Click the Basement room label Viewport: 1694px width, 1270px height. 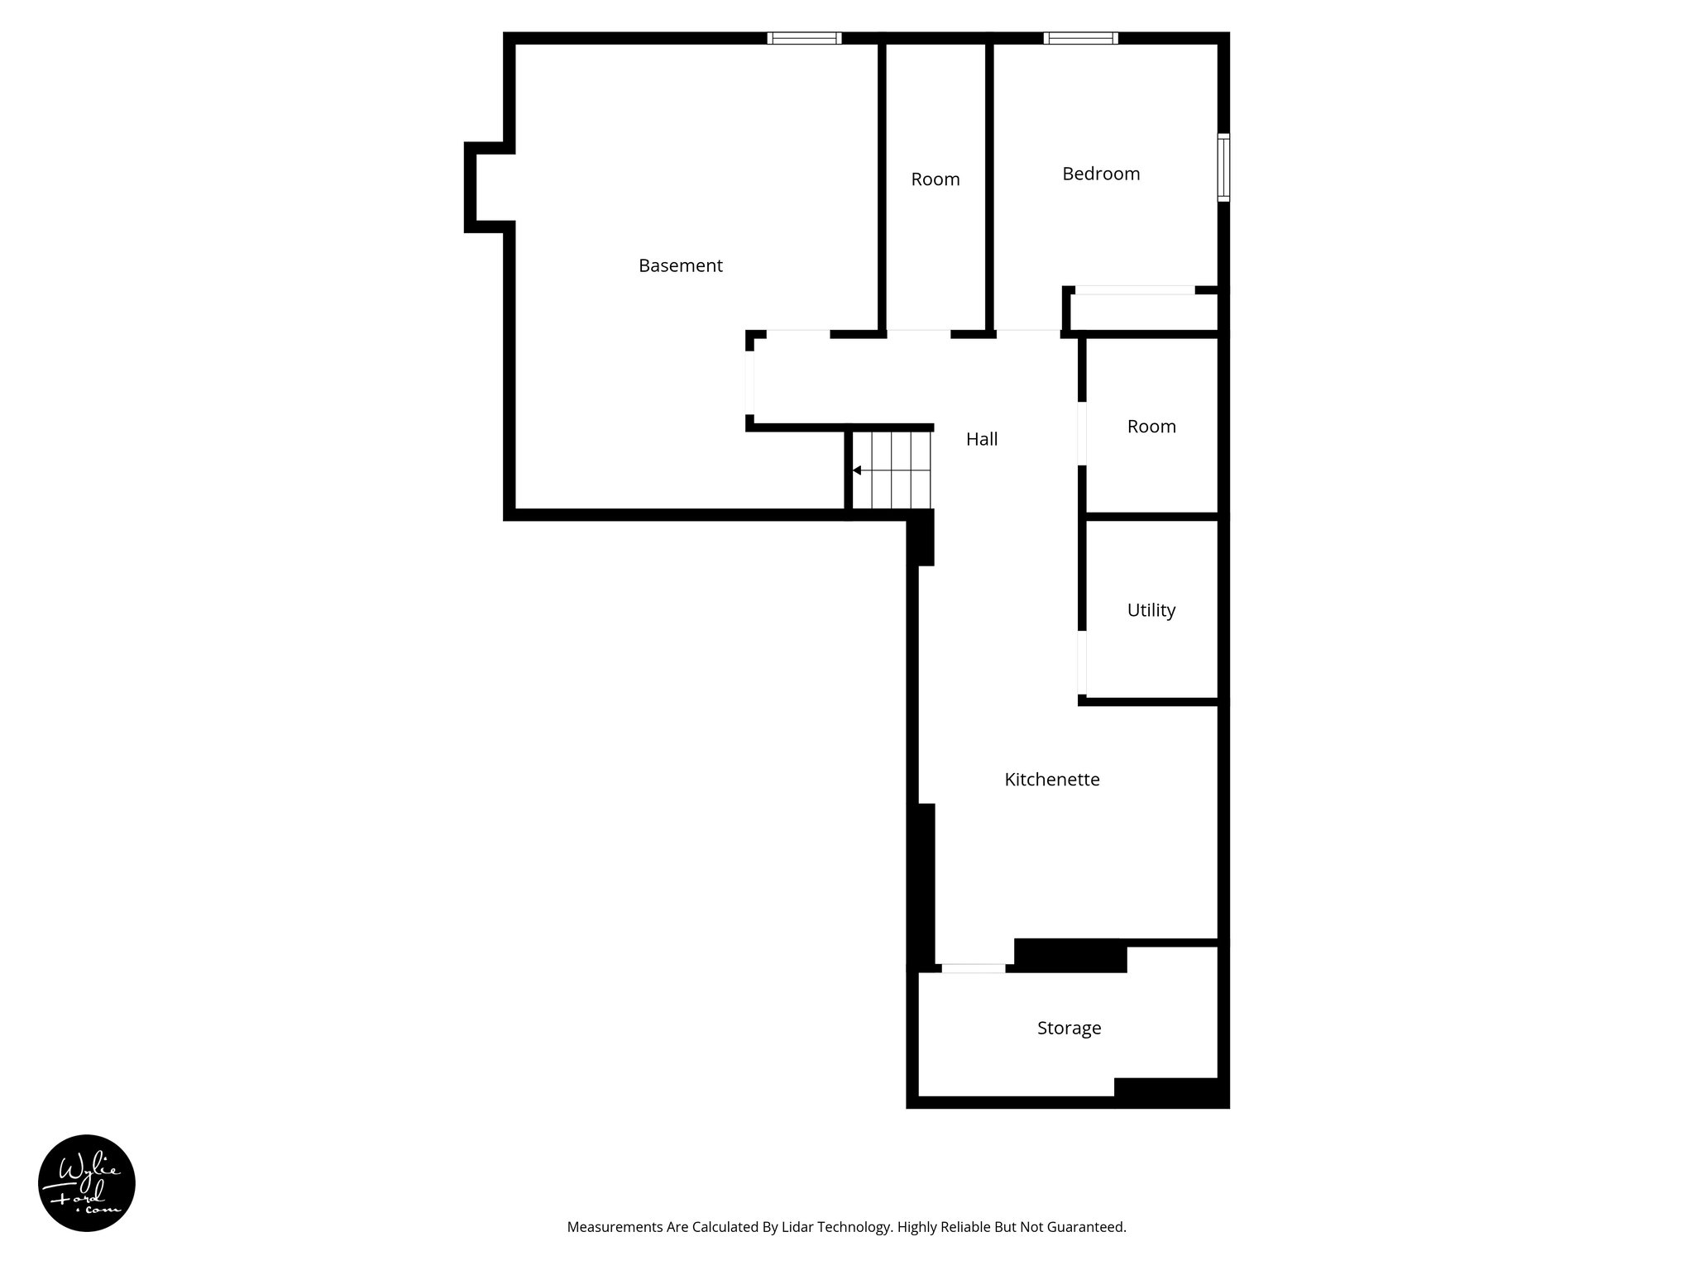(680, 266)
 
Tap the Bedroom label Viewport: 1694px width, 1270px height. (1101, 174)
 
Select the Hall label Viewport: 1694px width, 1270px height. (982, 440)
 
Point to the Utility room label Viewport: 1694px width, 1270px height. (1151, 610)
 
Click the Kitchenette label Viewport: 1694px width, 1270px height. (1051, 780)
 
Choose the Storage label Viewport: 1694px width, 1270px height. (1069, 1029)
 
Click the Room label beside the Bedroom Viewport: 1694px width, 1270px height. (935, 179)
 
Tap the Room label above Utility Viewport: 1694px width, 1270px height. (1151, 427)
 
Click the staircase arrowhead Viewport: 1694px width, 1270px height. (858, 470)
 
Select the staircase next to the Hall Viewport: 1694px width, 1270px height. (892, 470)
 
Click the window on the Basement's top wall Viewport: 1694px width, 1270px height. (804, 38)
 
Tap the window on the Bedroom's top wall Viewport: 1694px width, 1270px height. (1080, 38)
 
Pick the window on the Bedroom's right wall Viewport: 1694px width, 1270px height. (1223, 167)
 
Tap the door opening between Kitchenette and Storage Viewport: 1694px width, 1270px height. (974, 968)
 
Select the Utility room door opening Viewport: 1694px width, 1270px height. (1082, 662)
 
